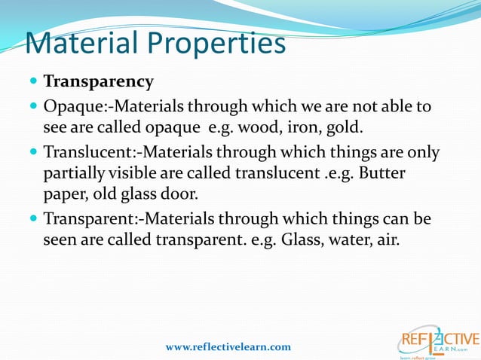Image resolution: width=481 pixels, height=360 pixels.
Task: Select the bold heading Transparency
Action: [x=98, y=81]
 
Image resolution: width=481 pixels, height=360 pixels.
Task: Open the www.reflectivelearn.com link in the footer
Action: [x=228, y=346]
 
